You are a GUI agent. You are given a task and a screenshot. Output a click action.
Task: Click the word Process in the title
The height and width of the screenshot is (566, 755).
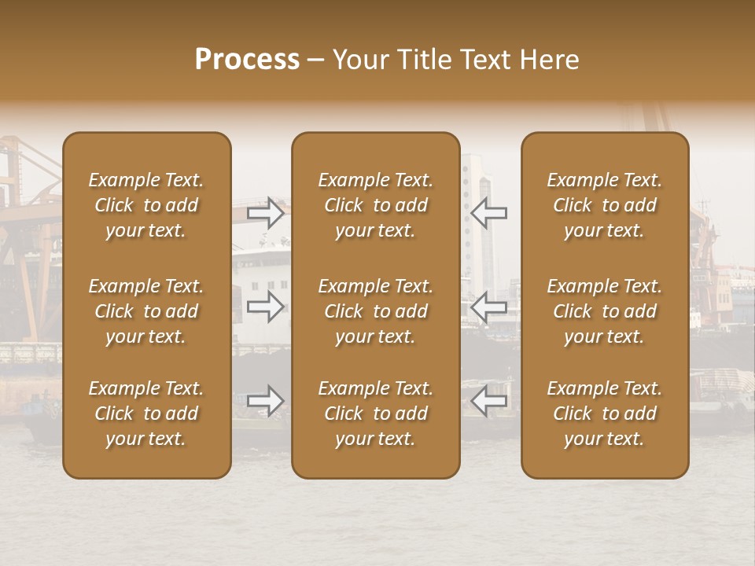tap(247, 60)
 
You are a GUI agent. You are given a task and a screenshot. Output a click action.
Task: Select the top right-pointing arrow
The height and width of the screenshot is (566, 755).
tap(266, 213)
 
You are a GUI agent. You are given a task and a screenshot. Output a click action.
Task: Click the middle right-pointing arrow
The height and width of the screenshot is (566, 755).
tap(266, 307)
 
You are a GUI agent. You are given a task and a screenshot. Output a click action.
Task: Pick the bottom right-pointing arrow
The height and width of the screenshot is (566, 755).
tap(266, 401)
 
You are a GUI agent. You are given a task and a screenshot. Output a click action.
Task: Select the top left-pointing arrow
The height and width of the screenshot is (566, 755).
tap(489, 213)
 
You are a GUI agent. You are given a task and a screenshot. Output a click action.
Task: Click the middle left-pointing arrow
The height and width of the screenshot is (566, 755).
tap(489, 307)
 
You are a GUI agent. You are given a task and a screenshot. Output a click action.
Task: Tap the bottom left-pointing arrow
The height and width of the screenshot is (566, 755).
tap(489, 401)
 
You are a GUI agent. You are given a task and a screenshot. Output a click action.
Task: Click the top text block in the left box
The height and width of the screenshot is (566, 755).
tap(146, 205)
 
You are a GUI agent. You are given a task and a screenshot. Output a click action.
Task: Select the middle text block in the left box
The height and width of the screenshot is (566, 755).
tap(146, 311)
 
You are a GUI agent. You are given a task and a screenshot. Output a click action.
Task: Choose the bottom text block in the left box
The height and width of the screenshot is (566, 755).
tap(146, 413)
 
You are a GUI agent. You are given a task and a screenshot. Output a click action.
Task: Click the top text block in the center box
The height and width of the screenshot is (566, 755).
tap(376, 205)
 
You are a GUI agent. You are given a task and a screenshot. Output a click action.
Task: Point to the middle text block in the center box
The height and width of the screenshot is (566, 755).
tap(376, 311)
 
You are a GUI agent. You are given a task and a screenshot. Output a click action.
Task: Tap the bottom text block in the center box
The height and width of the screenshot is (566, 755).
tap(376, 413)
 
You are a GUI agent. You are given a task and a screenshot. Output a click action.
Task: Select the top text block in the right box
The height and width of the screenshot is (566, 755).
tap(605, 205)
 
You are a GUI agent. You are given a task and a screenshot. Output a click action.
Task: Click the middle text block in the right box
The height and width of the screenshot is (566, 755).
tap(605, 311)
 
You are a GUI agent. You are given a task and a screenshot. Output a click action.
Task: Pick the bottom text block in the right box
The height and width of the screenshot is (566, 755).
tap(605, 413)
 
